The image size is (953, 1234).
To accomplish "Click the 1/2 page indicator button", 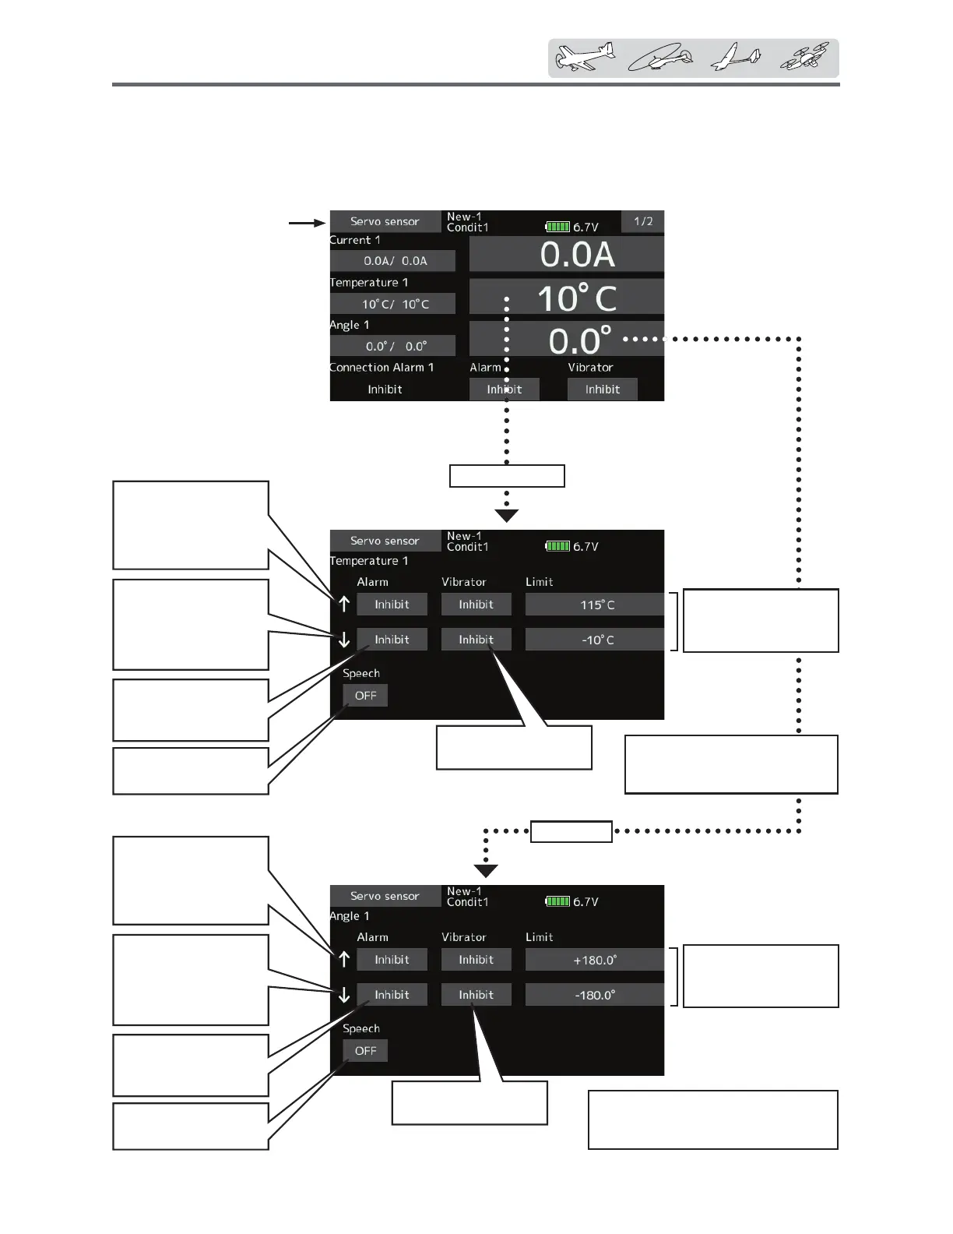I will click(642, 221).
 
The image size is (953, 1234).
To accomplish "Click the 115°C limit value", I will click(596, 605).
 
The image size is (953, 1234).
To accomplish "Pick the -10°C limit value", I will click(596, 640).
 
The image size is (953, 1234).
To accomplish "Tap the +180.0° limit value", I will click(596, 960).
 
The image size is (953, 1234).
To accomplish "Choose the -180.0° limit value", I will click(596, 995).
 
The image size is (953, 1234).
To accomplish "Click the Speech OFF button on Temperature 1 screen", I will click(365, 696).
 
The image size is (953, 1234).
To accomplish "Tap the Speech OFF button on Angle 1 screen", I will click(365, 1051).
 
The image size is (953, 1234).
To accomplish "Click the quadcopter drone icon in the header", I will click(805, 58).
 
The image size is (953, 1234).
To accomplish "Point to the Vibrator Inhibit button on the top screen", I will click(602, 390).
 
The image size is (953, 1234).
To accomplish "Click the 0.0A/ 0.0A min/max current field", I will click(393, 261).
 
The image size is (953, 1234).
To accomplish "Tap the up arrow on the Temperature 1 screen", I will click(344, 605).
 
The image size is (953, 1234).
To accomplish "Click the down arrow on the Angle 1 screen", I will click(344, 995).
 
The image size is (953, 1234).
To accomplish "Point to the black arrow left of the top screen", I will click(307, 223).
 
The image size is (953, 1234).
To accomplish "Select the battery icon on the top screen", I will click(557, 227).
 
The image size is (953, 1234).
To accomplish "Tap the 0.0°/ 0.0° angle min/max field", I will click(393, 346).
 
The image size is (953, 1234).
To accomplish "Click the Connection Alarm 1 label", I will click(382, 368).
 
